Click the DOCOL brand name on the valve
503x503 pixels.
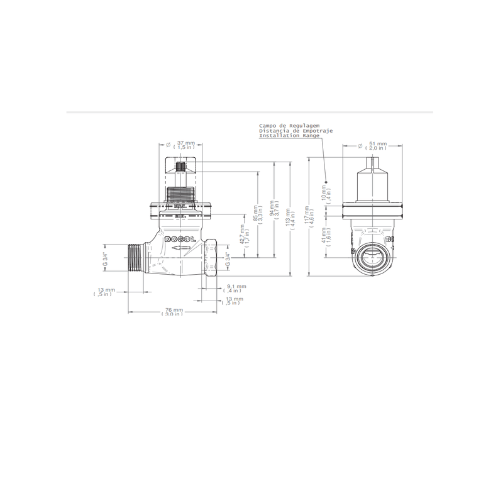[180, 241]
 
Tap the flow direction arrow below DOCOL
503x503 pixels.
[181, 250]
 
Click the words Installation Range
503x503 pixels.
[289, 136]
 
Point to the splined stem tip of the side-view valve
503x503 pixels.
[181, 169]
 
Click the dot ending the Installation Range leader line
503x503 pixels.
[326, 178]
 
